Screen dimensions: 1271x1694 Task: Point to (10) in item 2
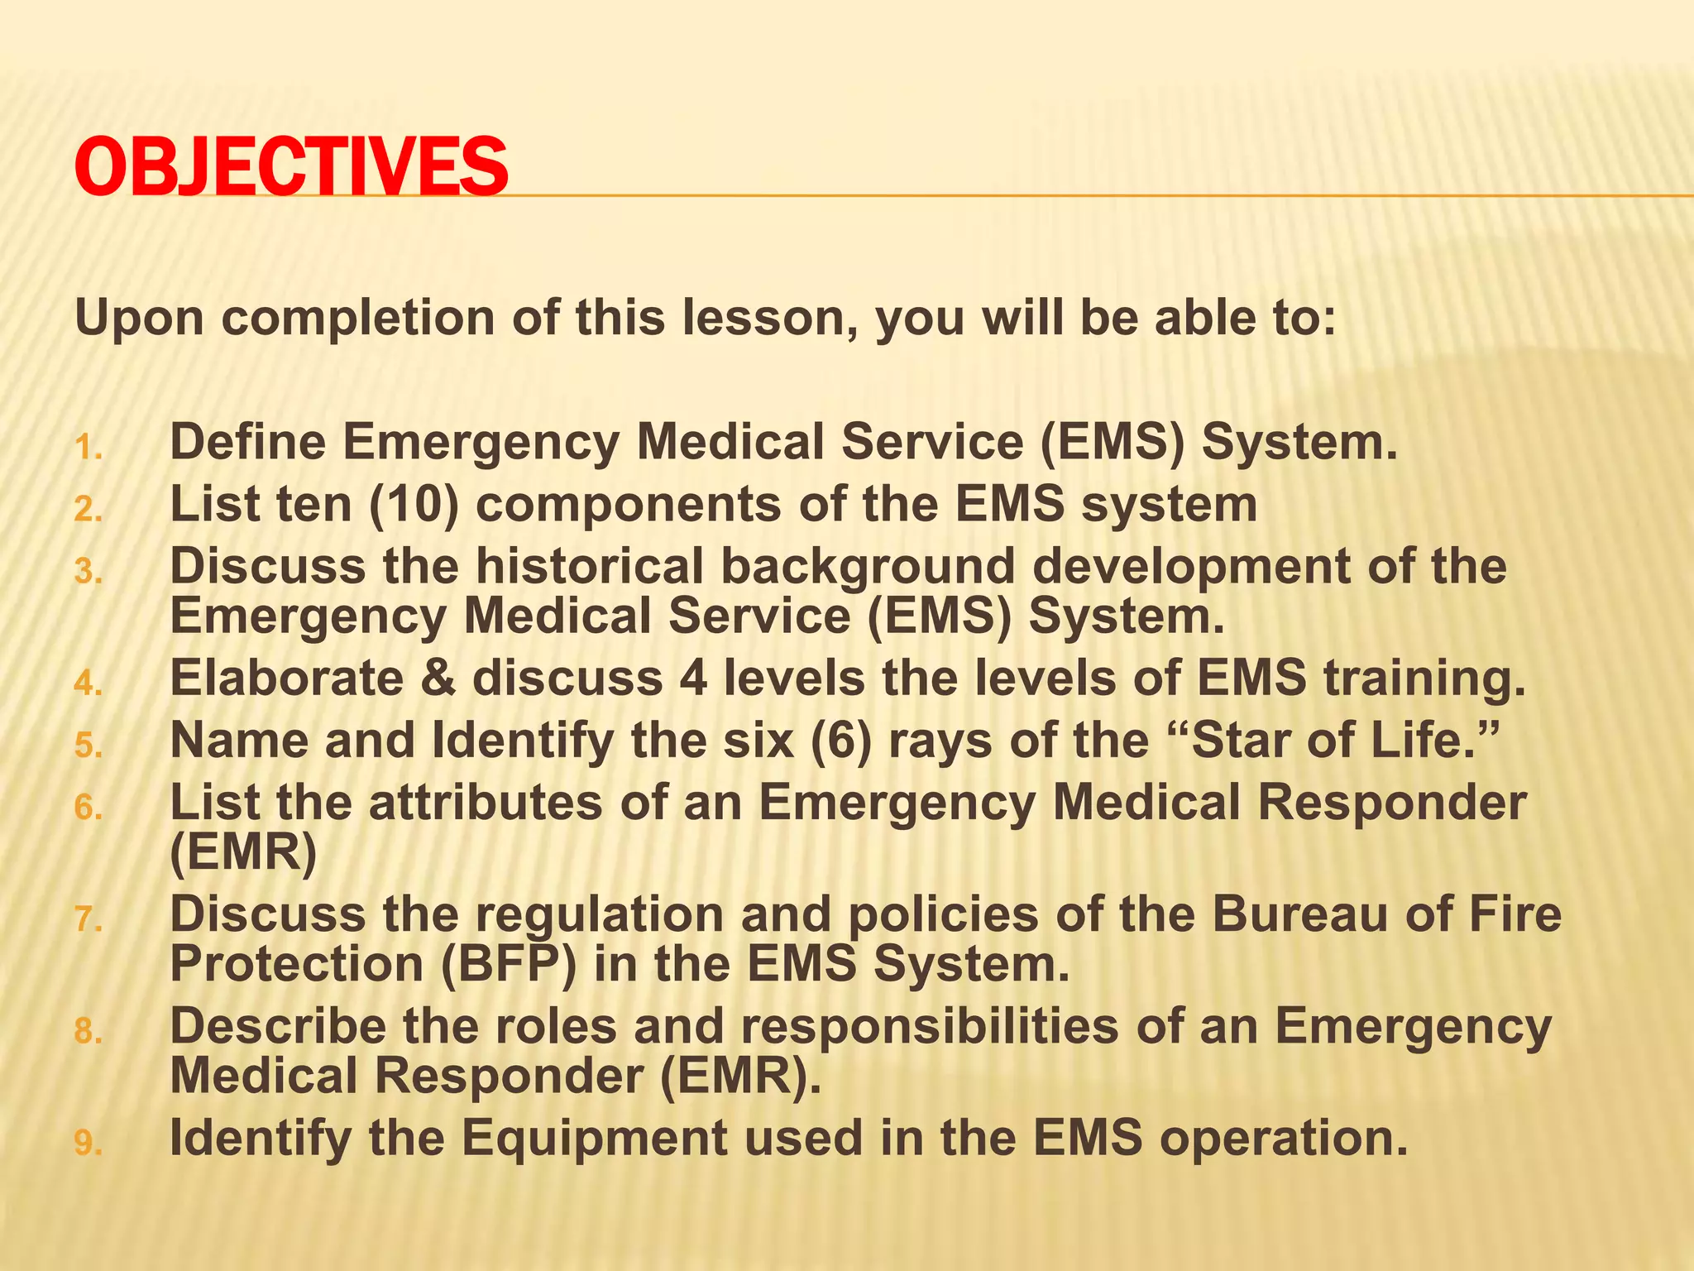coord(414,505)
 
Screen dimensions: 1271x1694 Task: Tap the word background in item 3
coord(868,568)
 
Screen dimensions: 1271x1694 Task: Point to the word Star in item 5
coord(1240,741)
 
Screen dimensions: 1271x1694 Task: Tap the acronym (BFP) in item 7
coord(508,965)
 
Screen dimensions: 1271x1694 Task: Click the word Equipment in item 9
coord(594,1138)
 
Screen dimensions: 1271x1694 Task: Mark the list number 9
coord(88,1144)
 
